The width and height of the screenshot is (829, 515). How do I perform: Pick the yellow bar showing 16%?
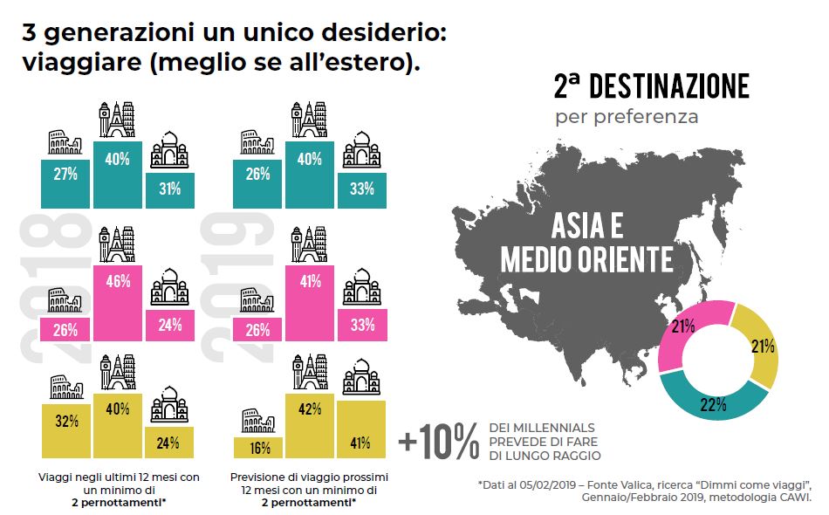tap(257, 446)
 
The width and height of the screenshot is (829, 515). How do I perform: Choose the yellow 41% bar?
tap(360, 429)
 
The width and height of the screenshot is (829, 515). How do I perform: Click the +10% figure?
tap(439, 442)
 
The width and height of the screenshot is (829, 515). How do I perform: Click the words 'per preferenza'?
tap(627, 116)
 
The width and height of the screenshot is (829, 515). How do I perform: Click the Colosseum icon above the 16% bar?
tap(257, 422)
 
